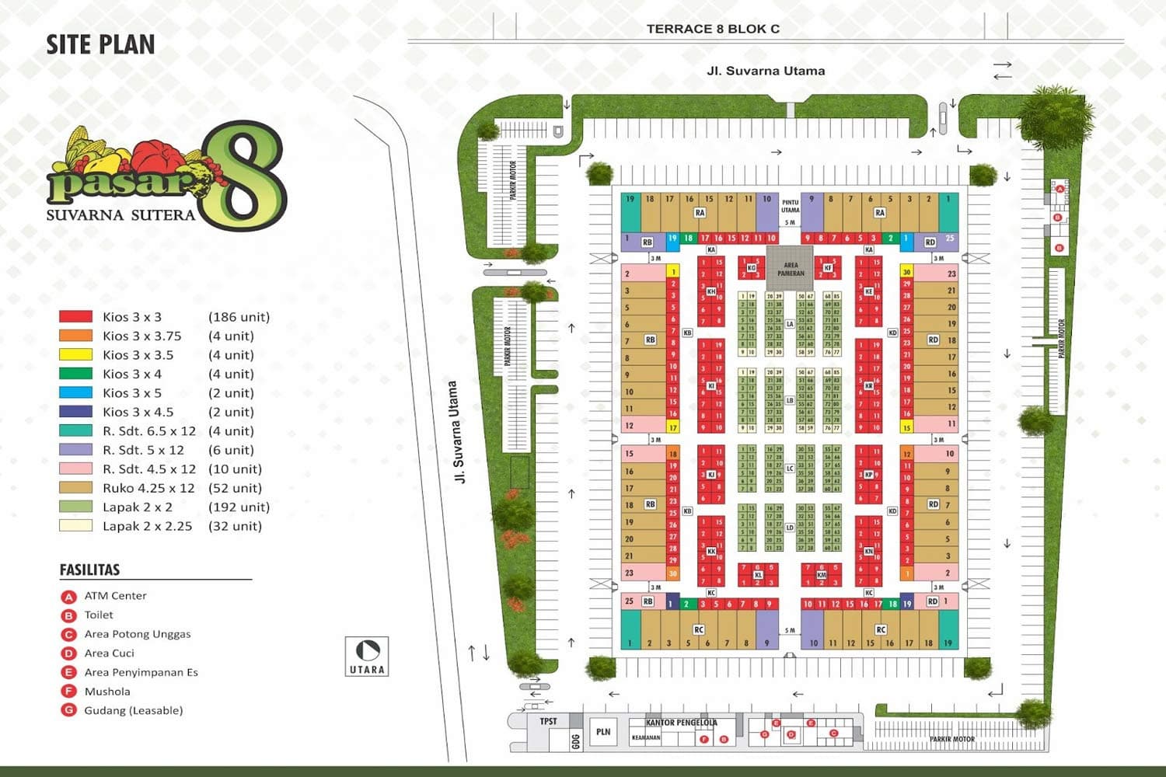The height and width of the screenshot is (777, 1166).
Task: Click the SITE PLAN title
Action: (100, 45)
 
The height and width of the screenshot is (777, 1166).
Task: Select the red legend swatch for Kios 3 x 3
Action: (75, 317)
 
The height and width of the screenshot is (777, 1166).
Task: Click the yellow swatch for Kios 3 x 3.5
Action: (75, 355)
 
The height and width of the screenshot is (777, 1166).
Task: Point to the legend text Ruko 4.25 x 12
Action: (148, 488)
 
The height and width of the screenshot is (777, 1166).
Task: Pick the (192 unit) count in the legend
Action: (239, 507)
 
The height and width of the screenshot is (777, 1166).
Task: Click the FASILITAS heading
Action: (89, 570)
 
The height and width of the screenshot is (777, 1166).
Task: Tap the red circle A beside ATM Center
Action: (68, 597)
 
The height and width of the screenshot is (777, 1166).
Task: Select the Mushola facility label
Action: (107, 692)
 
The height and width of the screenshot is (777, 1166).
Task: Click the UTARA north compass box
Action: (367, 657)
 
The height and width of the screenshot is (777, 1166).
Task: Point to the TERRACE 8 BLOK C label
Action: (713, 29)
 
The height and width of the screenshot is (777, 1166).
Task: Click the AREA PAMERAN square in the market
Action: (791, 269)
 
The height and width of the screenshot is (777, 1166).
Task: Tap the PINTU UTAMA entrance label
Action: (790, 207)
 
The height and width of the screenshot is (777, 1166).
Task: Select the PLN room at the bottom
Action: (603, 732)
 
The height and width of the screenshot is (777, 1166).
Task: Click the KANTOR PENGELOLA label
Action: (681, 723)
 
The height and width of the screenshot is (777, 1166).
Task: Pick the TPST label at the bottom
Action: (549, 722)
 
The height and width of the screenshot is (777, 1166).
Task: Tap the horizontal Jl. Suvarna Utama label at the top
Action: (766, 71)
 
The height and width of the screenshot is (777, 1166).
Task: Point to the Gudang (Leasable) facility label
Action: (133, 710)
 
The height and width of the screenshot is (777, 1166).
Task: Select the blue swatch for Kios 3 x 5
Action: (75, 393)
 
